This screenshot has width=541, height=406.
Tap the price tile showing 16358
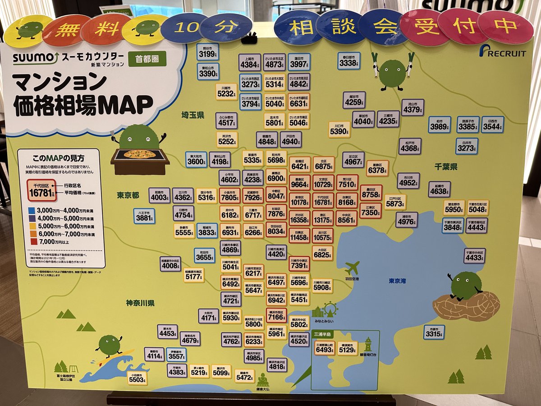pos(299,218)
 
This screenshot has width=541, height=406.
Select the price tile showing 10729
pos(322,182)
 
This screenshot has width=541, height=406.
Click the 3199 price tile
pos(208,52)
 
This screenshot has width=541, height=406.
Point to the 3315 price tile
pos(434,332)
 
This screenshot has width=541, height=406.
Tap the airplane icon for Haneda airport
pos(352,268)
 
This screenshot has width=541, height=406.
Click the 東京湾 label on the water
pos(397,281)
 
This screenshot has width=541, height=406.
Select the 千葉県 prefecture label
pos(446,167)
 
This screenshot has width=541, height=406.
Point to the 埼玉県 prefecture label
pos(193,115)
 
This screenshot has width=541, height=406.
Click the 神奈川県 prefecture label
pos(140,303)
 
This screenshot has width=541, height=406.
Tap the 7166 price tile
pos(276,316)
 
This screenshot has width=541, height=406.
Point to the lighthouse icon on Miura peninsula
pos(368,345)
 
